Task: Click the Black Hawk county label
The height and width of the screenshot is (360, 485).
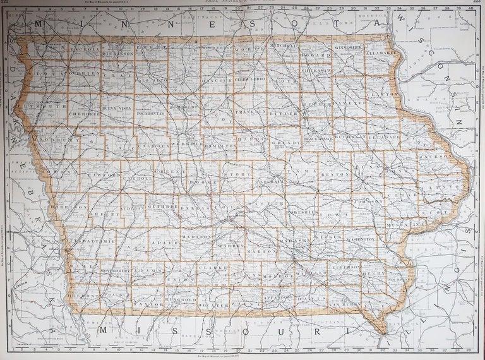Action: [x=319, y=138]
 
